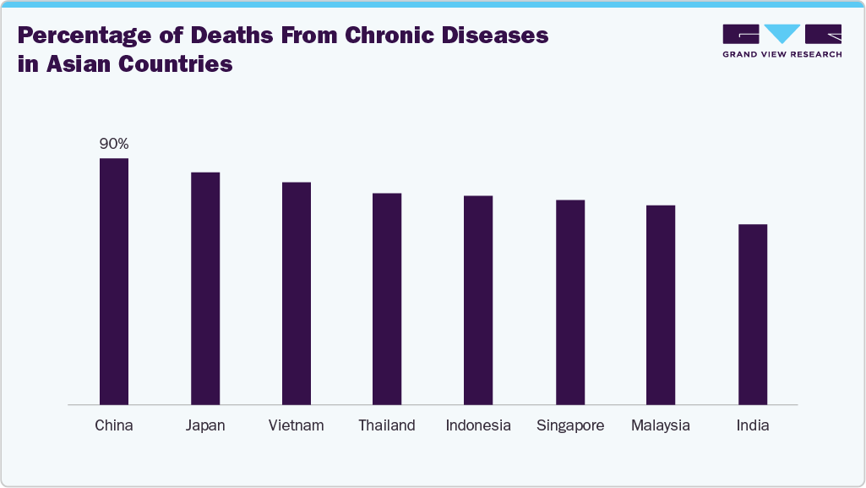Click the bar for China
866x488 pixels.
point(114,282)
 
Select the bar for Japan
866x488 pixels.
point(205,288)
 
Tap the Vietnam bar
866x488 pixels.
point(297,293)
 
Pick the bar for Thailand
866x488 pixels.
point(387,299)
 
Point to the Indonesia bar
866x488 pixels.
point(478,300)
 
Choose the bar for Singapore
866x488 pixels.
point(570,303)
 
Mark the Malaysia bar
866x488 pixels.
point(661,305)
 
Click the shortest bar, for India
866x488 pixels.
point(753,315)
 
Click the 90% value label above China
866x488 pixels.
point(114,144)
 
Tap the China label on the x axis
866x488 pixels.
point(114,425)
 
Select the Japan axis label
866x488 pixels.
point(205,425)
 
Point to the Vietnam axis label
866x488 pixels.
point(297,425)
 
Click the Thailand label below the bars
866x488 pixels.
point(387,425)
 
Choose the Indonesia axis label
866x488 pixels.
point(478,425)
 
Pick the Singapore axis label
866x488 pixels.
point(570,425)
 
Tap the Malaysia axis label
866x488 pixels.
point(661,425)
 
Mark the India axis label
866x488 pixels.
point(753,425)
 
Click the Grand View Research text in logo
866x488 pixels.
point(782,54)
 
